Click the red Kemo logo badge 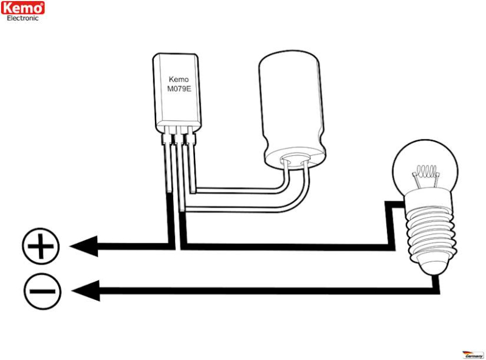pos(22,8)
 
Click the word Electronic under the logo pos(22,18)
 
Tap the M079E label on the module pos(179,89)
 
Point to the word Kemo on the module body pos(179,79)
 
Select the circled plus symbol pos(41,246)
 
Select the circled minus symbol pos(43,291)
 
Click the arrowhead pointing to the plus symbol pos(84,246)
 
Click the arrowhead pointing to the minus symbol pos(86,291)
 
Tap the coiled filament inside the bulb pos(426,171)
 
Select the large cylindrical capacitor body pos(292,109)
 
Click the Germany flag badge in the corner pos(473,355)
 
